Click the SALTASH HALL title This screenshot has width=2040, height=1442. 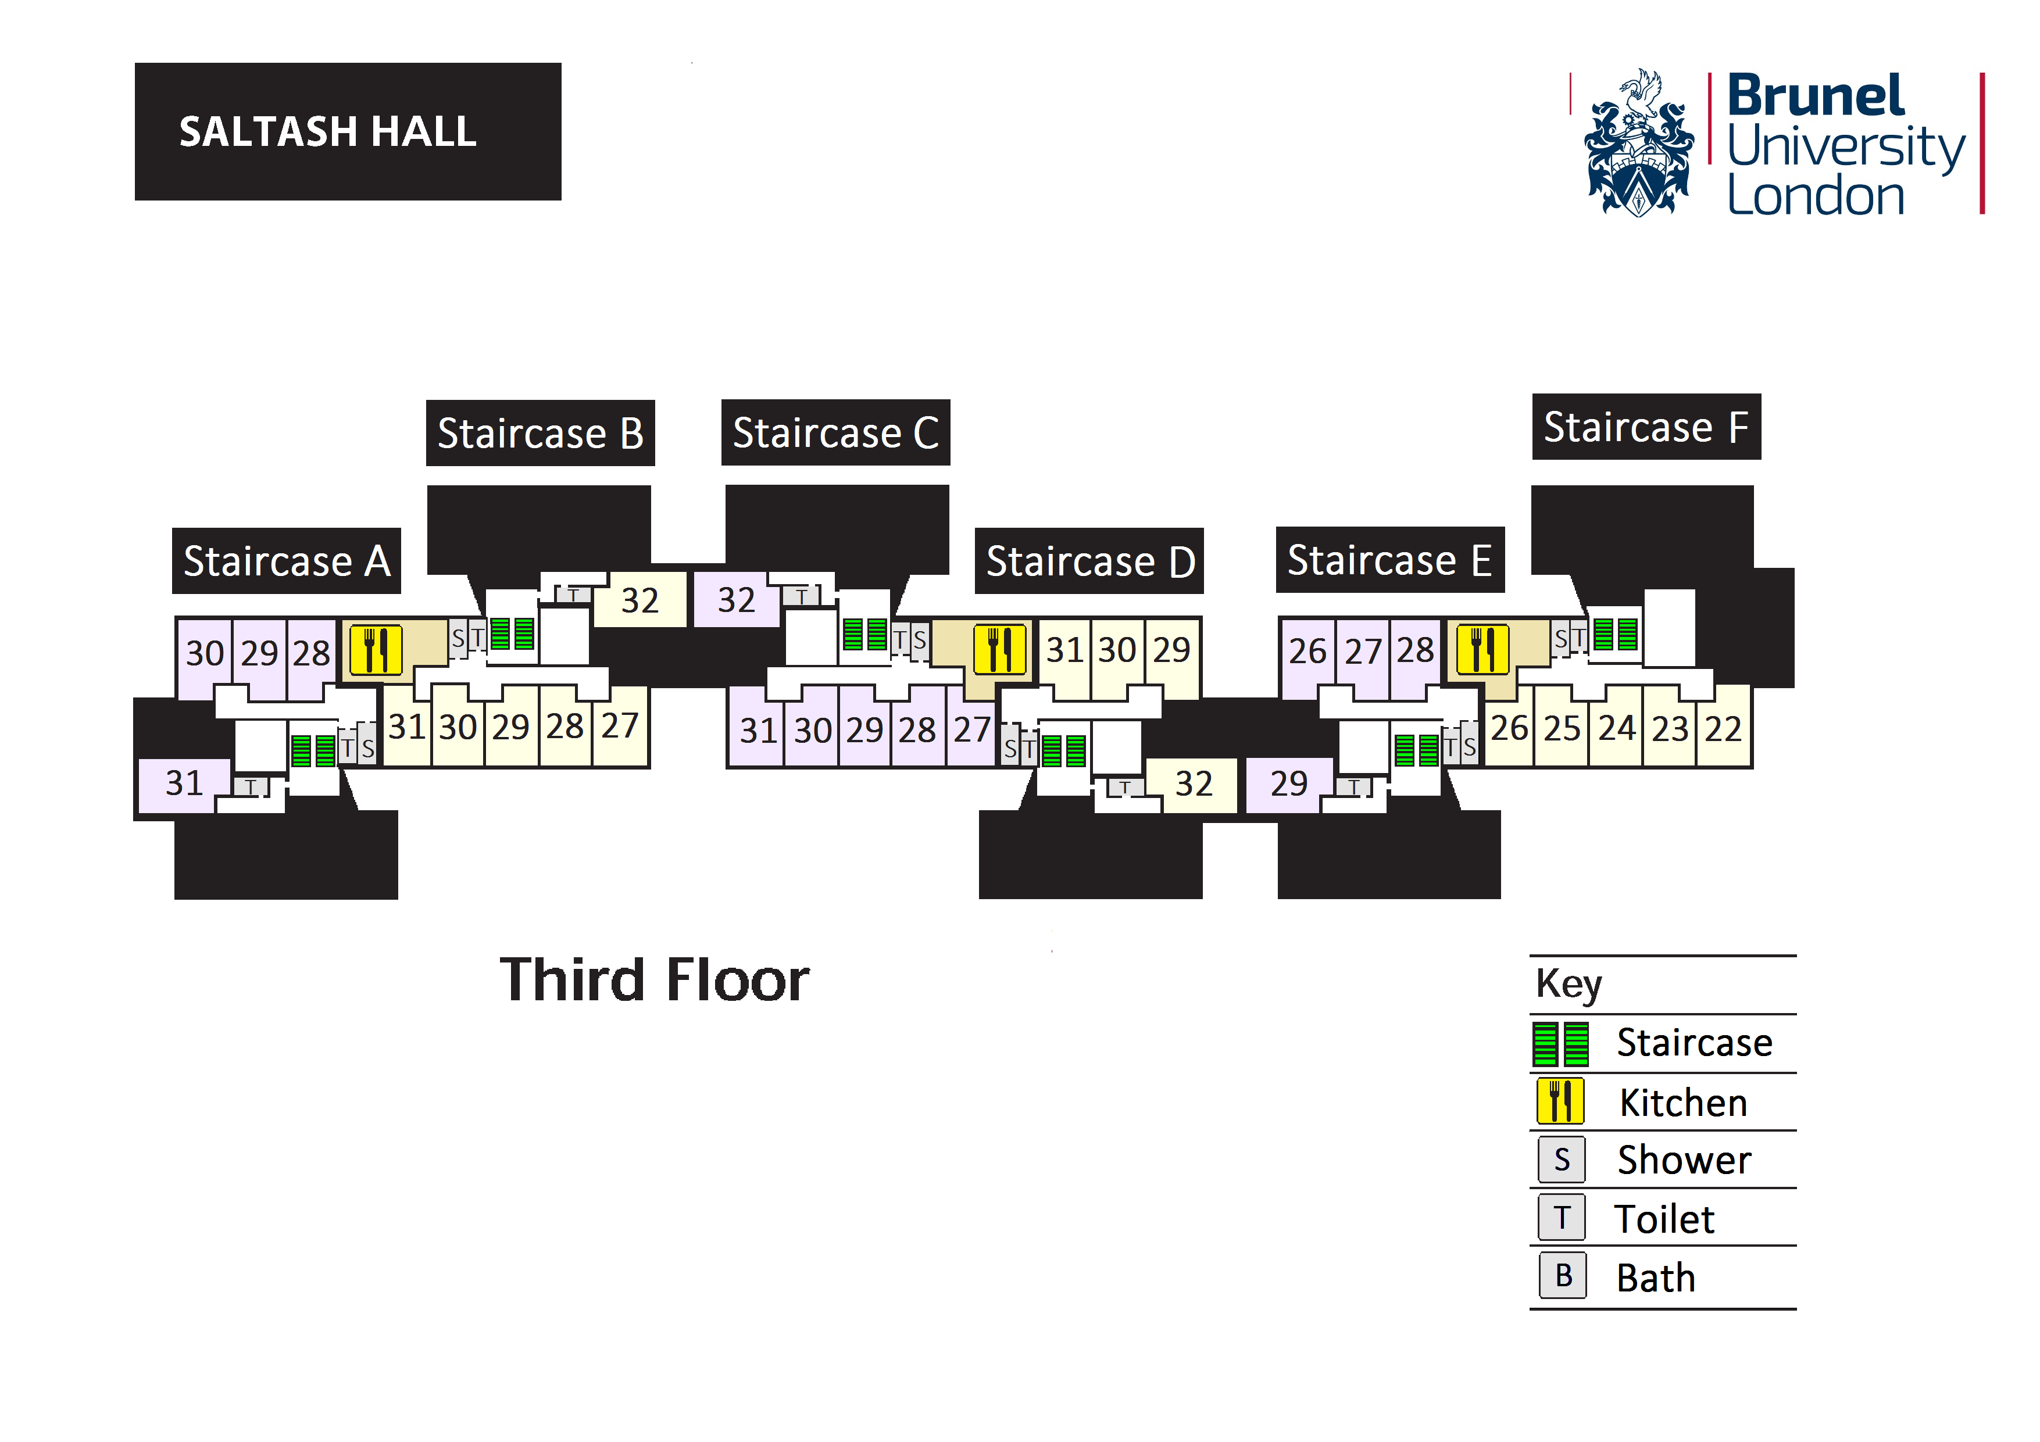[328, 131]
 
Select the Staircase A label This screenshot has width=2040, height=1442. [286, 561]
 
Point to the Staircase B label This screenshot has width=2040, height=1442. [540, 434]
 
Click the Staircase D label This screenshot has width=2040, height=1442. [1089, 561]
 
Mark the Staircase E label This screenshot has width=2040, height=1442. [1389, 561]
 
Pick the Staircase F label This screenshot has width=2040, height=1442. [1645, 427]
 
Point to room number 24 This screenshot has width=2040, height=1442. [1616, 728]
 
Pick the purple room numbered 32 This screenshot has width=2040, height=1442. [735, 600]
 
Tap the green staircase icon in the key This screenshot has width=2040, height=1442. [1560, 1044]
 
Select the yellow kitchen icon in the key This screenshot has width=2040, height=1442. [1560, 1102]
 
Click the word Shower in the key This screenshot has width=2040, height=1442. [1684, 1160]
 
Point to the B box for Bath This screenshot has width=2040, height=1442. [1563, 1276]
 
